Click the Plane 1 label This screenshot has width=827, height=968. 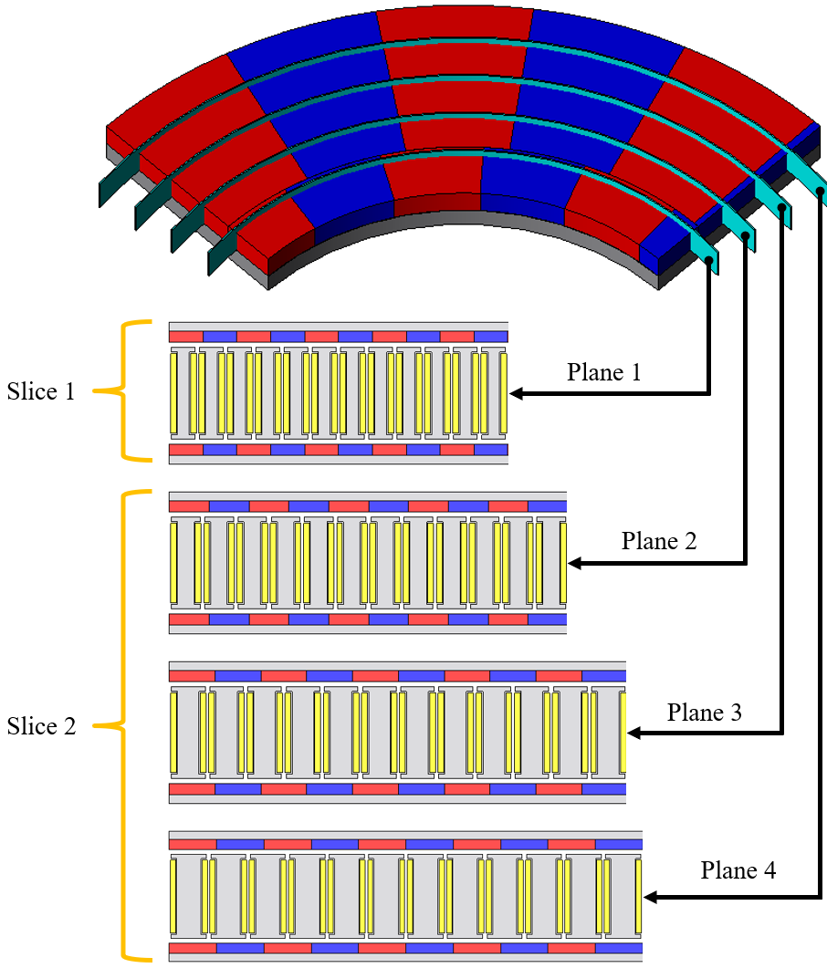[x=603, y=372]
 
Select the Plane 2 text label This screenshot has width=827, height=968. [x=659, y=541]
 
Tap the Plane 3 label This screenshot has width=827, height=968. [x=704, y=713]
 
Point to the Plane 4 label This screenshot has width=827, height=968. [x=738, y=870]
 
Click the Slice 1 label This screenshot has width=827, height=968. [x=41, y=392]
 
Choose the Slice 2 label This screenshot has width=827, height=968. [x=41, y=726]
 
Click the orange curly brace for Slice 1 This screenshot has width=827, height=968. [x=133, y=390]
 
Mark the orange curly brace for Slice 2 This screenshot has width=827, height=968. [x=133, y=726]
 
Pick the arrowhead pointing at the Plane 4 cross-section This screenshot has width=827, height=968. [x=651, y=897]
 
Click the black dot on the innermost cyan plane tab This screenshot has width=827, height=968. [x=709, y=260]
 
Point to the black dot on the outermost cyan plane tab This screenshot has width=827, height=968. [x=821, y=191]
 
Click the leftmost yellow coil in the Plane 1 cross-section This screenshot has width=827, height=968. [x=173, y=392]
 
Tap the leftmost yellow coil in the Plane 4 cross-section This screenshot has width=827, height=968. [x=173, y=896]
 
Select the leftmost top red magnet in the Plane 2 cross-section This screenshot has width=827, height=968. [x=189, y=505]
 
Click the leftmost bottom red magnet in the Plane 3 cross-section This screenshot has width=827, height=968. [x=192, y=789]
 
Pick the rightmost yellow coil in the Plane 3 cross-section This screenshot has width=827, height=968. [x=623, y=733]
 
